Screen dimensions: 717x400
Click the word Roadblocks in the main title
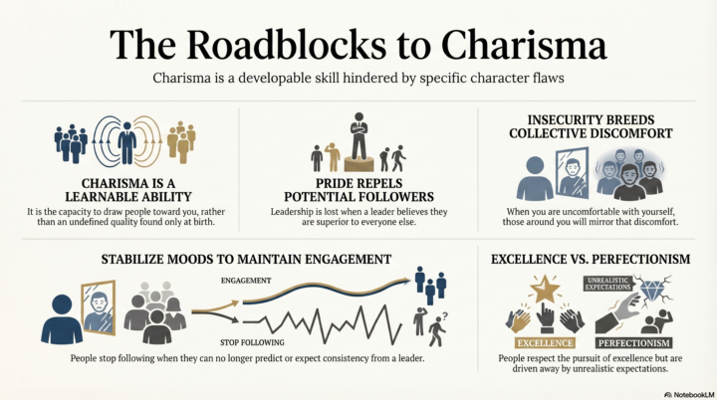(x=286, y=45)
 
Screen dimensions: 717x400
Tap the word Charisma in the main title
(x=524, y=45)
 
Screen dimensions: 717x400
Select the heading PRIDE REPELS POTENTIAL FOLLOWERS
(x=358, y=190)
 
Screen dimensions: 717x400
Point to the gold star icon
(x=545, y=289)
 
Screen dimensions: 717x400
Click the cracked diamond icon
(x=652, y=290)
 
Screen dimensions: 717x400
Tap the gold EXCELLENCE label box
(x=545, y=343)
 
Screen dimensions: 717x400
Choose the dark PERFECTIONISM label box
(x=633, y=343)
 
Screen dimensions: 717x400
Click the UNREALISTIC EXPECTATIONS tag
(x=608, y=284)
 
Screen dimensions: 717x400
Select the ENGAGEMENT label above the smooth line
(x=246, y=281)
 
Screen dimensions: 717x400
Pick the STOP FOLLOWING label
(x=252, y=342)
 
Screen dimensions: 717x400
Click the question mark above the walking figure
(x=445, y=315)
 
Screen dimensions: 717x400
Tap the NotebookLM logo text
(x=689, y=394)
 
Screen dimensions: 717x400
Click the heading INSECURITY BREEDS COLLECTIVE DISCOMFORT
(x=591, y=126)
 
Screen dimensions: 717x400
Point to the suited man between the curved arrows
(x=126, y=142)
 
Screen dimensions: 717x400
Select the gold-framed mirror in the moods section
(x=98, y=307)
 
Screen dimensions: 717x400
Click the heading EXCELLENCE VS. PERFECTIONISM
(x=591, y=259)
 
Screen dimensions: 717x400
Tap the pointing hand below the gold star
(x=545, y=318)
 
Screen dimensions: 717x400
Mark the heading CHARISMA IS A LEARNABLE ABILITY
(x=128, y=190)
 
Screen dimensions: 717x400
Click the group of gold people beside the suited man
(x=181, y=141)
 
